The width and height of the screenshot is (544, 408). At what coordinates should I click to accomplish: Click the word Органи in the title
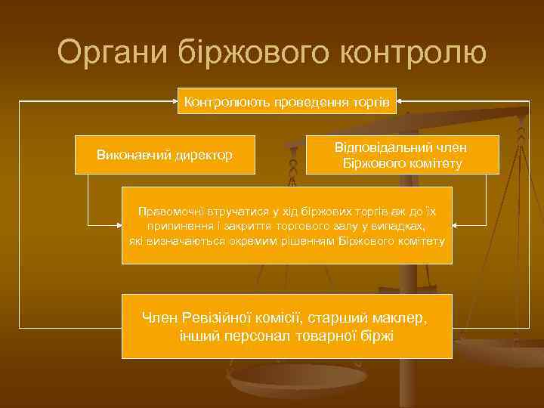click(111, 53)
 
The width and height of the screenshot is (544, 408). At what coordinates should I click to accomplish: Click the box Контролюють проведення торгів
click(287, 100)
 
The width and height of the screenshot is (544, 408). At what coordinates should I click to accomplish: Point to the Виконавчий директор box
click(165, 155)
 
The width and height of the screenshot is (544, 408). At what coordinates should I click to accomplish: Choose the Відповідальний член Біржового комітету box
click(402, 155)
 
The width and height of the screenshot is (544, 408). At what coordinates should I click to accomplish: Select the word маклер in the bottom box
click(401, 317)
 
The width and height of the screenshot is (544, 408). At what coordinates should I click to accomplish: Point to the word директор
click(203, 155)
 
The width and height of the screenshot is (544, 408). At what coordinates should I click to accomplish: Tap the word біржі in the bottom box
click(378, 335)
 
